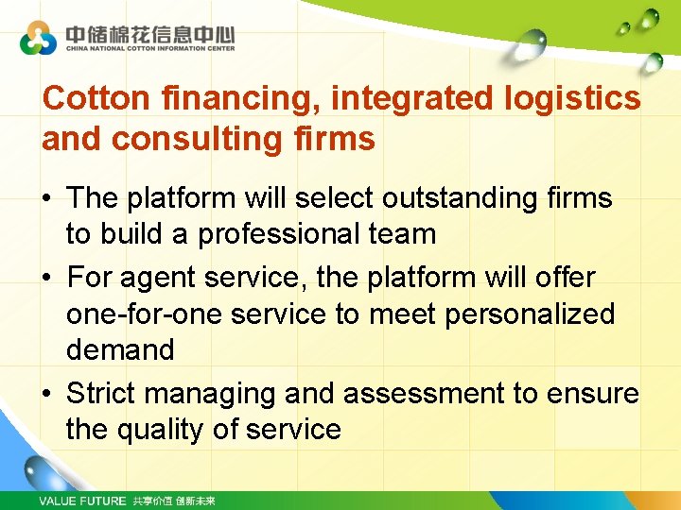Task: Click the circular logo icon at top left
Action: click(x=39, y=39)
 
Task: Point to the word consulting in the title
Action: click(x=195, y=139)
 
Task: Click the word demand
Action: click(x=120, y=349)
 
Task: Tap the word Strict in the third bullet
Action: click(x=102, y=393)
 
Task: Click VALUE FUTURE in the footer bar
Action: click(x=81, y=501)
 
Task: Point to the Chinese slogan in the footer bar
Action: click(x=174, y=501)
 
